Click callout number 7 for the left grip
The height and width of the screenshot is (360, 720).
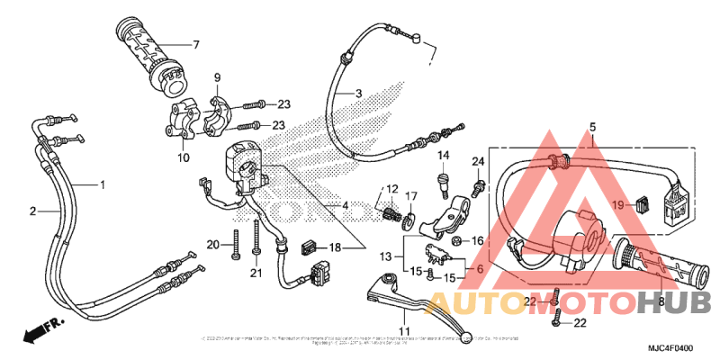(194, 44)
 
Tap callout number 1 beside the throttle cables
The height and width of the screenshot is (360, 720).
(103, 184)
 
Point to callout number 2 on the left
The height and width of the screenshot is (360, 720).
(33, 211)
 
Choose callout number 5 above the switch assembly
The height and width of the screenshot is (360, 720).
(593, 127)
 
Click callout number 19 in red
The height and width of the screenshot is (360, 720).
(618, 204)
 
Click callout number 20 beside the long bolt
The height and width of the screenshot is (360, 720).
(212, 244)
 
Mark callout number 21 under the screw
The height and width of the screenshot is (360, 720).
(256, 274)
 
